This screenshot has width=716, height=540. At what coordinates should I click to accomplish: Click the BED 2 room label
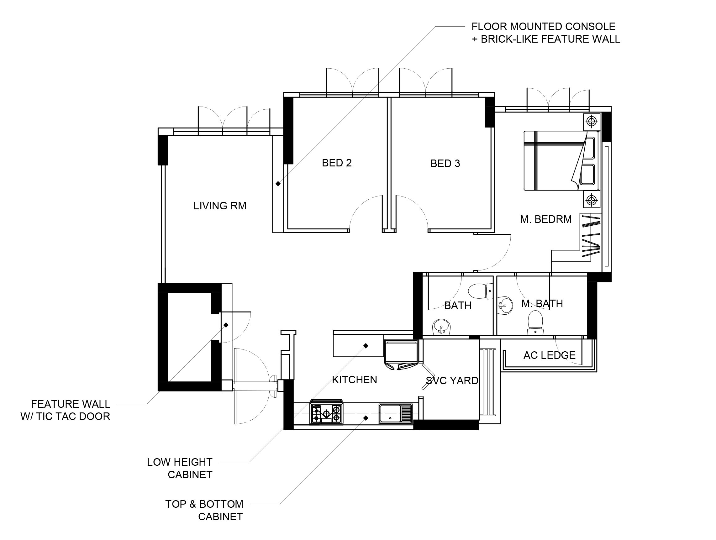[337, 163]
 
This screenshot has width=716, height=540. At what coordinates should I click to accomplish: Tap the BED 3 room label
[445, 163]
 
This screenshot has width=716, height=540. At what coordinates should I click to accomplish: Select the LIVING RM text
[220, 206]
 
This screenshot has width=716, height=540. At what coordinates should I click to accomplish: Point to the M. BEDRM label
[546, 219]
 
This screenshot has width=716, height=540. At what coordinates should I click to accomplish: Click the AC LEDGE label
[549, 355]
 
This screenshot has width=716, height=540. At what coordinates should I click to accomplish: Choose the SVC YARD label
[452, 380]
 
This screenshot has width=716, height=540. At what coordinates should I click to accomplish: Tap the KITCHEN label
[355, 380]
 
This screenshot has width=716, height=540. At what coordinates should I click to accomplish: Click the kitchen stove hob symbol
[327, 413]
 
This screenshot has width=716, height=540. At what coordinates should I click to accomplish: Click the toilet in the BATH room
[481, 291]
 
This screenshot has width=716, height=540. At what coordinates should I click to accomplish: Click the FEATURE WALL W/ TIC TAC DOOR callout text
[66, 410]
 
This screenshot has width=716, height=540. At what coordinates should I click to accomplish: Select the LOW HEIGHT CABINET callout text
[180, 468]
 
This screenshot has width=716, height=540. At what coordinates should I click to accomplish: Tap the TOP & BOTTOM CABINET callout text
[204, 510]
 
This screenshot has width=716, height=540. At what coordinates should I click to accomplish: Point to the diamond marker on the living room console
[278, 184]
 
